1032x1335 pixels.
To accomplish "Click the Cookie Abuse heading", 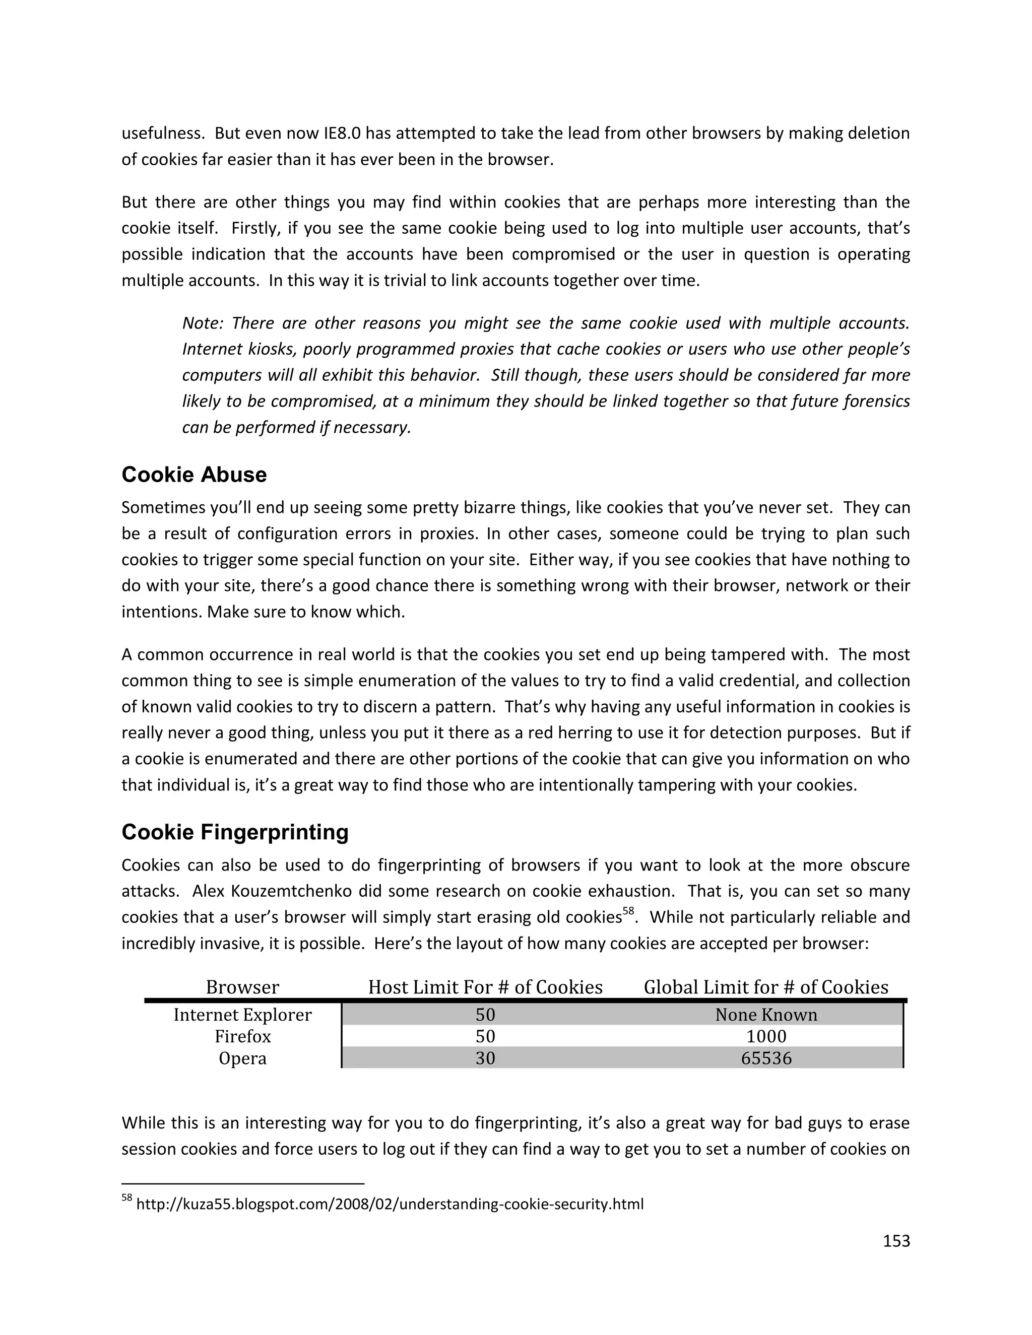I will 194,475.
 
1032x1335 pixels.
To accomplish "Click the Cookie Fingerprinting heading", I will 235,832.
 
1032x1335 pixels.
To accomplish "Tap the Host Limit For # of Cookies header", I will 485,987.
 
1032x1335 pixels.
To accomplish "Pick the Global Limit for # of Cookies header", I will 765,987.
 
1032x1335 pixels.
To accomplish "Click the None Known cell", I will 765,1015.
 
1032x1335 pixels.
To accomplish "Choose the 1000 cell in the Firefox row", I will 765,1036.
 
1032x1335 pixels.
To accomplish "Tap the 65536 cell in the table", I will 765,1058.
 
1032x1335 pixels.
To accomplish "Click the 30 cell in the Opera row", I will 485,1058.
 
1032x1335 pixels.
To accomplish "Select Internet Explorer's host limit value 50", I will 485,1015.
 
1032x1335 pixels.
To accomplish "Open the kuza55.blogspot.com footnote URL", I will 390,1204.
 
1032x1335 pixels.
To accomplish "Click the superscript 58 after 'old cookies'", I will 628,911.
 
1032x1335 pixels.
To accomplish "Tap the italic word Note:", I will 203,323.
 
